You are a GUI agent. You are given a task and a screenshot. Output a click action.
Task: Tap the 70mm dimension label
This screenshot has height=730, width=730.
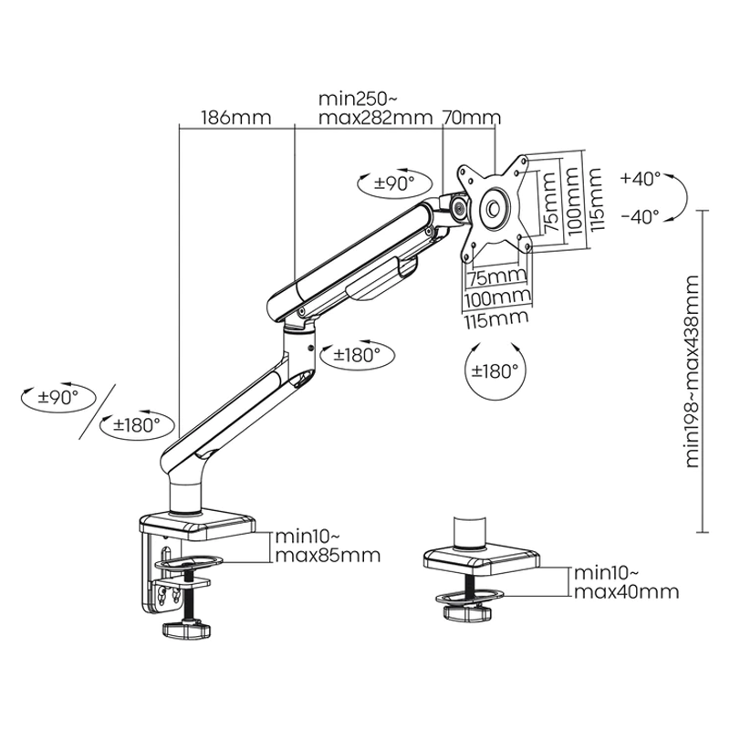click(472, 118)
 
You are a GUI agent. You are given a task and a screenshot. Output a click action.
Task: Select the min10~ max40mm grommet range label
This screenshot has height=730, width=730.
click(626, 582)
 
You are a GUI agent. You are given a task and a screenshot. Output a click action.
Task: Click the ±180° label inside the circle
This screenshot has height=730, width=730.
click(495, 370)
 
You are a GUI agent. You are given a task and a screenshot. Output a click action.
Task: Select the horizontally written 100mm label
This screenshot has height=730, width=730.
click(498, 297)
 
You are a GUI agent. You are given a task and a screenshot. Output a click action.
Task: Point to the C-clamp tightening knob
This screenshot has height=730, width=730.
click(187, 631)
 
